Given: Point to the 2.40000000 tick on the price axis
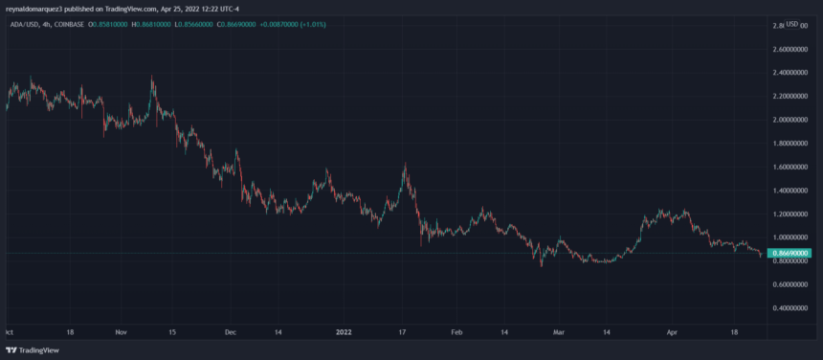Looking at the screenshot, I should [786, 73].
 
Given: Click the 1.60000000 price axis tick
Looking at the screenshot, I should [786, 167].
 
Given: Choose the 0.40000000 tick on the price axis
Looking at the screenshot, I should [786, 308].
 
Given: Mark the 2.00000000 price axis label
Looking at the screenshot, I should [786, 120].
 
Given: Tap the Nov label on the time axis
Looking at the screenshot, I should [121, 332].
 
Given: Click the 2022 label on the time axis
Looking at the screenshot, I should [345, 332].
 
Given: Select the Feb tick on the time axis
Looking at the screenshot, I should [456, 332].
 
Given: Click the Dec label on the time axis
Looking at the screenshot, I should [230, 332].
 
